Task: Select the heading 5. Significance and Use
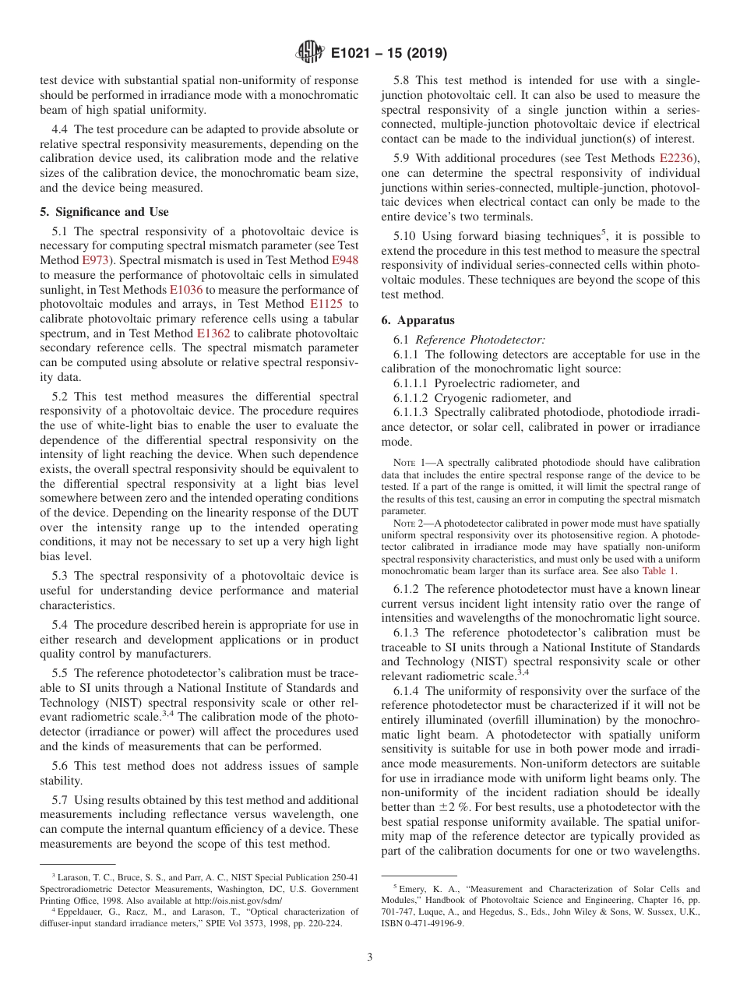104,211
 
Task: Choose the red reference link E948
344,259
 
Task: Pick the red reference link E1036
185,289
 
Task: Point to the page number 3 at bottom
370,957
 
